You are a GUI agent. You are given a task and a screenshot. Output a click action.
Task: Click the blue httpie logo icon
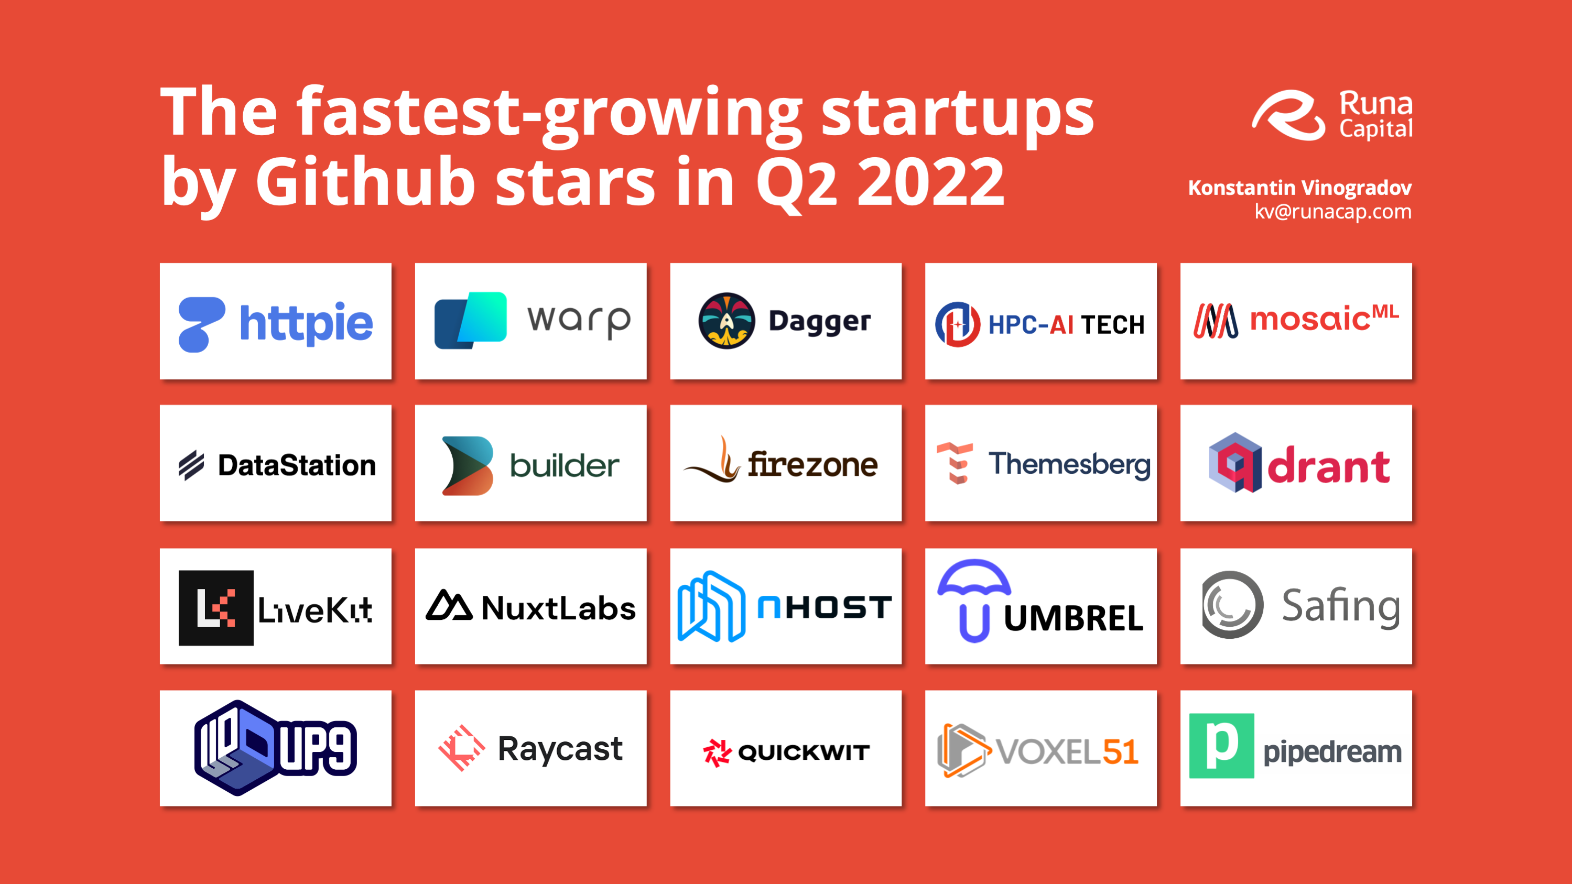pyautogui.click(x=201, y=324)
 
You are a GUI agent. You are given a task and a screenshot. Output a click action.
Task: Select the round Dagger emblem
pyautogui.click(x=726, y=321)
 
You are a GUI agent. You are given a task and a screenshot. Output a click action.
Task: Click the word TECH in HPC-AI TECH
pyautogui.click(x=1112, y=324)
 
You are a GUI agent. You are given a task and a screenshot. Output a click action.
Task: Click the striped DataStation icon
pyautogui.click(x=191, y=465)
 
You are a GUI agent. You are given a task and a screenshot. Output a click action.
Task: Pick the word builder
pyautogui.click(x=565, y=465)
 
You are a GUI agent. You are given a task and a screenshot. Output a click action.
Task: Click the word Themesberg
pyautogui.click(x=1069, y=464)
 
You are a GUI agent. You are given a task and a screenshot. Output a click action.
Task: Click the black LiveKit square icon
pyautogui.click(x=216, y=608)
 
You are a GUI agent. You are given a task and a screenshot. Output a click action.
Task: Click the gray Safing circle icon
pyautogui.click(x=1232, y=605)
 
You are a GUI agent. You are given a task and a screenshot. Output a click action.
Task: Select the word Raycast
pyautogui.click(x=560, y=749)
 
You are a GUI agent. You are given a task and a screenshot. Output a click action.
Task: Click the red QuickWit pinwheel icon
pyautogui.click(x=717, y=752)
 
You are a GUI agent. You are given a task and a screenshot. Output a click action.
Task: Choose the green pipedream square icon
pyautogui.click(x=1222, y=746)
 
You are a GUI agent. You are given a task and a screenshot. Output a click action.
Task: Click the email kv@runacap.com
pyautogui.click(x=1333, y=211)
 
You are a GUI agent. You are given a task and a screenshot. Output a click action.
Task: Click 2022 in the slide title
pyautogui.click(x=930, y=182)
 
